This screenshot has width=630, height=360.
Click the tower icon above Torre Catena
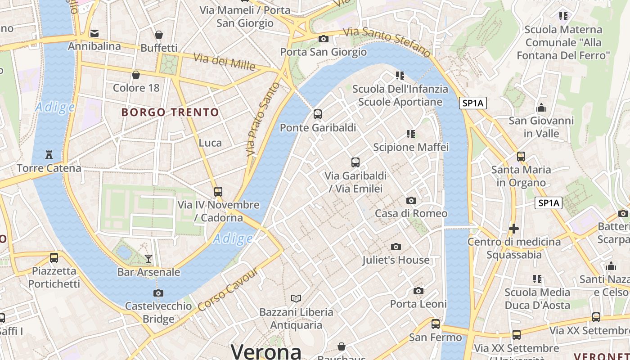coord(49,155)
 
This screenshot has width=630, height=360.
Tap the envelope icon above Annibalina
coord(94,33)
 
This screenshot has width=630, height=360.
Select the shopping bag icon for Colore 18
coord(136,75)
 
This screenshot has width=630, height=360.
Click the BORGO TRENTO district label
coord(170,112)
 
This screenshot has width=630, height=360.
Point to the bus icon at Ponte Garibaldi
coord(318,114)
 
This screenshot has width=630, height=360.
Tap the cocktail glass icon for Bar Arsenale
coord(148,258)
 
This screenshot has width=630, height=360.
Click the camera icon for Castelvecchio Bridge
coord(158,293)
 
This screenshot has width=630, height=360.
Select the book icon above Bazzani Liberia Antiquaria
coord(296,298)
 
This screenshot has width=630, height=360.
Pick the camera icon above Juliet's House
coord(396,247)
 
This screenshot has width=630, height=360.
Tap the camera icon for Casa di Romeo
coord(411,200)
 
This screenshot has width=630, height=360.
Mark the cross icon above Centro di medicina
coord(514,229)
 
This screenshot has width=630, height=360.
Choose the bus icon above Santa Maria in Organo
coord(521,157)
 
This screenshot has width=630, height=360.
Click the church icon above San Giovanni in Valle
coord(541,108)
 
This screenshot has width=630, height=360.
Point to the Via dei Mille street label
coord(224,62)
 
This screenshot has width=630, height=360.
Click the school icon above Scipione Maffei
coord(410,134)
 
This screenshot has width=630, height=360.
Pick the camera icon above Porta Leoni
coord(418,291)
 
